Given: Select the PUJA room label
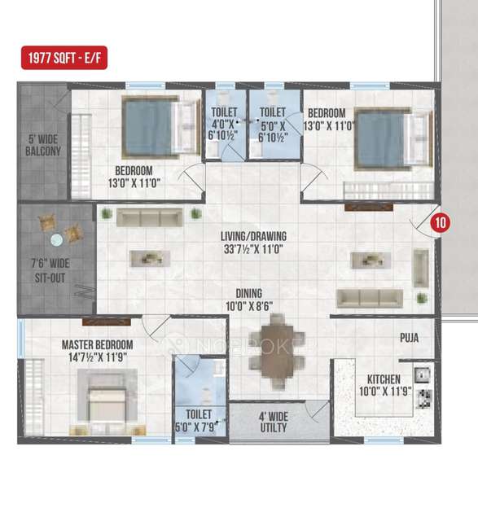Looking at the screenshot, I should (x=409, y=337).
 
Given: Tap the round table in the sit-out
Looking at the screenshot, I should (x=57, y=240).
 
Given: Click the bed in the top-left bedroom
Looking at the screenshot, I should (x=153, y=127).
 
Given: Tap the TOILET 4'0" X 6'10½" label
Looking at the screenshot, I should (x=224, y=125).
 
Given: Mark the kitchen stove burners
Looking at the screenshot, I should (x=423, y=399).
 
